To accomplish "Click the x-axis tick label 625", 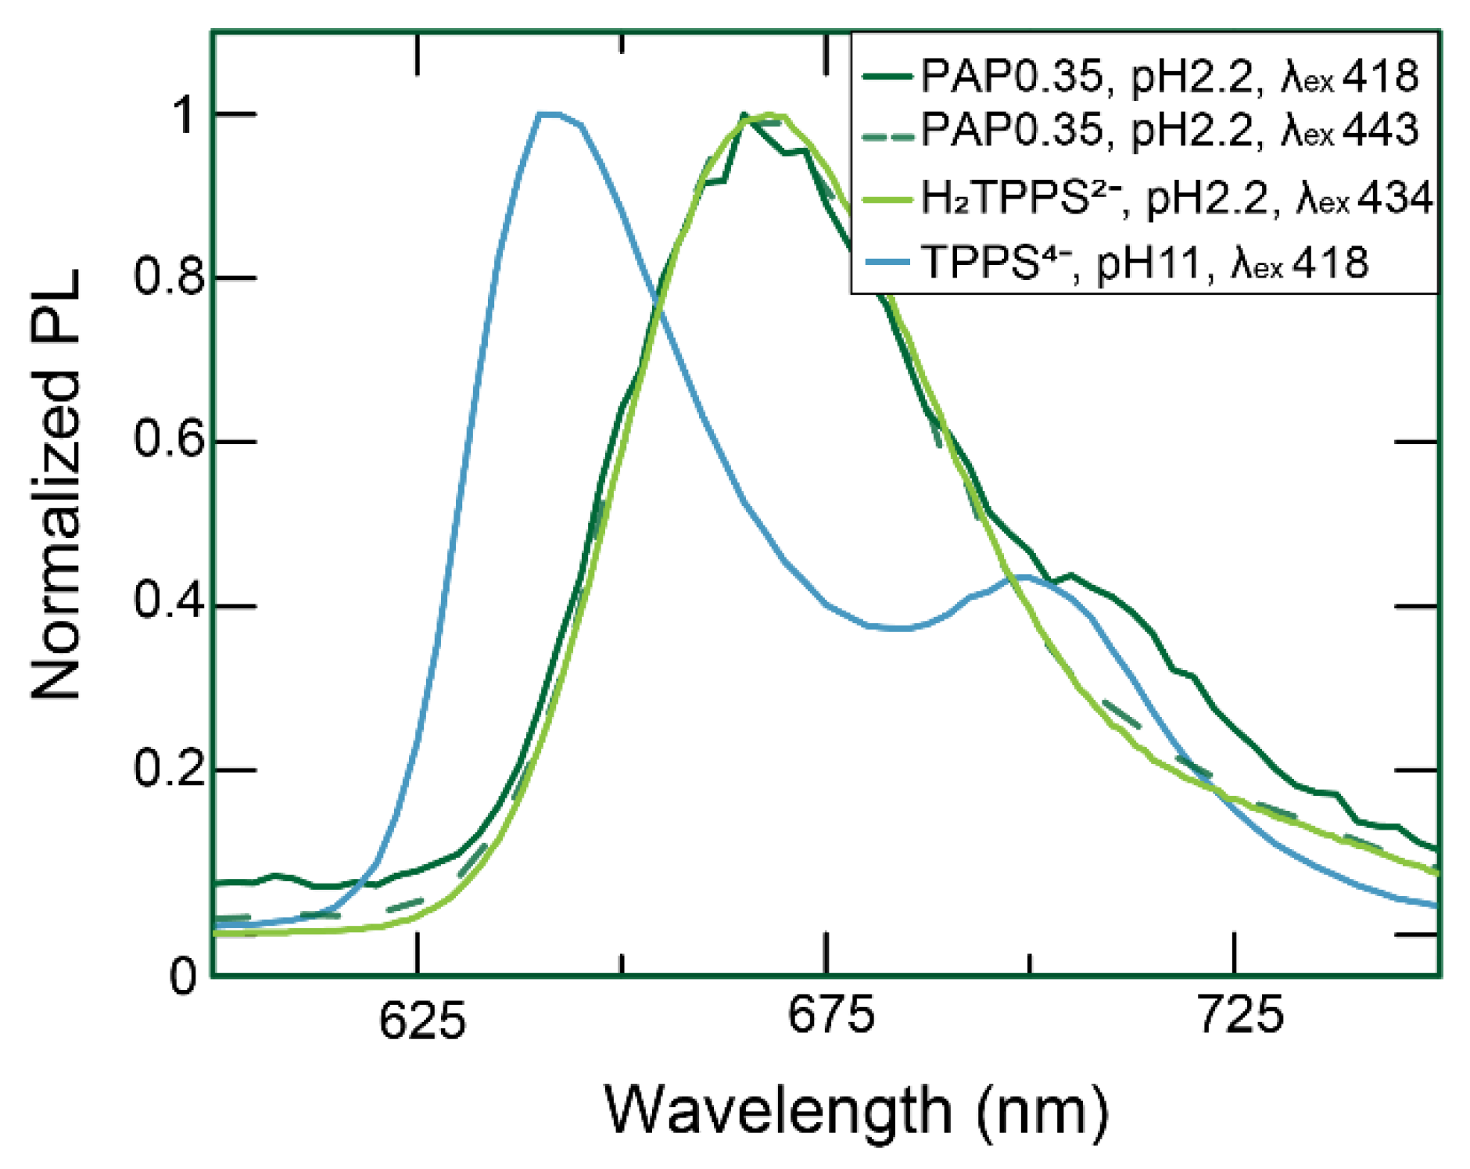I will pos(422,1020).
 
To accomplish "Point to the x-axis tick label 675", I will pos(830,1016).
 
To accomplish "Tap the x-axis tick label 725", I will pos(1240,1016).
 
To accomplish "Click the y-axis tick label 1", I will pos(186,115).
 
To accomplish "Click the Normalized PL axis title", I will pos(56,485).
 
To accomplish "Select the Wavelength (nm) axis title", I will pos(856,1110).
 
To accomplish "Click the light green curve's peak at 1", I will pos(770,115).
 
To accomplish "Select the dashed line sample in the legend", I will pos(887,138).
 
